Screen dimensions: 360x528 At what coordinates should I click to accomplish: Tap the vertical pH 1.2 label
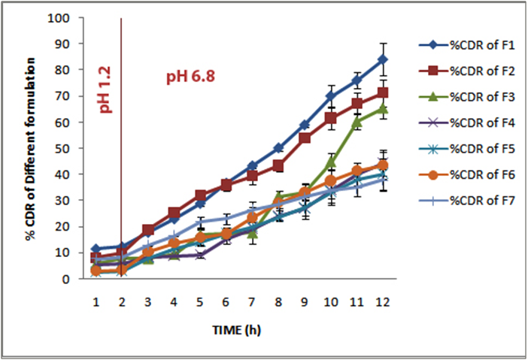click(105, 89)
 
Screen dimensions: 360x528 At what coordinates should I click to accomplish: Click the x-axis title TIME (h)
click(238, 328)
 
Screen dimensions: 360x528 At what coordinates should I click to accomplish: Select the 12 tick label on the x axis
click(384, 301)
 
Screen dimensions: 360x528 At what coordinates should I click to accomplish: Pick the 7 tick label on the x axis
click(252, 301)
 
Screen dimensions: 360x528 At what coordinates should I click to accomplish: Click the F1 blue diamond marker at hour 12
click(384, 59)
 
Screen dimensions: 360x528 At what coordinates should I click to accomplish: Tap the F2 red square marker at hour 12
click(384, 92)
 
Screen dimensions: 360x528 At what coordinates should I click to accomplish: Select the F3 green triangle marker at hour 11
click(357, 121)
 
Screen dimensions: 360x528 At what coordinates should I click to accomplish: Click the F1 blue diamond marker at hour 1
click(96, 249)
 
